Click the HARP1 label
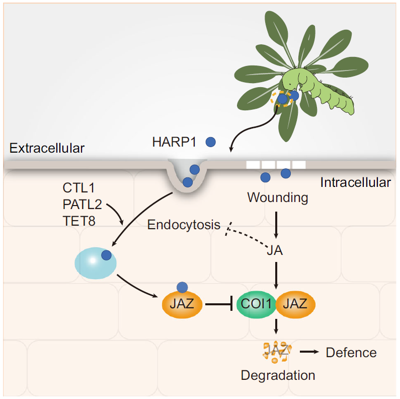[x=174, y=142]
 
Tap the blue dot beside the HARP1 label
[x=210, y=142]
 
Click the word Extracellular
[x=47, y=148]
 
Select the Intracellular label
[x=355, y=182]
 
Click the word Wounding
[x=278, y=197]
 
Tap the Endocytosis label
[x=184, y=225]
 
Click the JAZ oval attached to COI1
[x=296, y=304]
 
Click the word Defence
[x=351, y=352]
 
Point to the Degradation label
[x=278, y=375]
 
